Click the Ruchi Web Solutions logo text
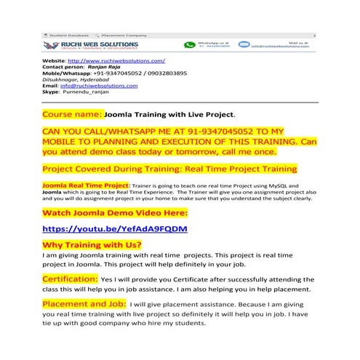pyautogui.click(x=103, y=44)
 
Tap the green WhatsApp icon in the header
pyautogui.click(x=190, y=45)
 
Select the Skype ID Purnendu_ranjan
pyautogui.click(x=90, y=92)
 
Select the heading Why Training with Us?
pyautogui.click(x=92, y=245)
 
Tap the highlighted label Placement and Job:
pyautogui.click(x=84, y=303)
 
